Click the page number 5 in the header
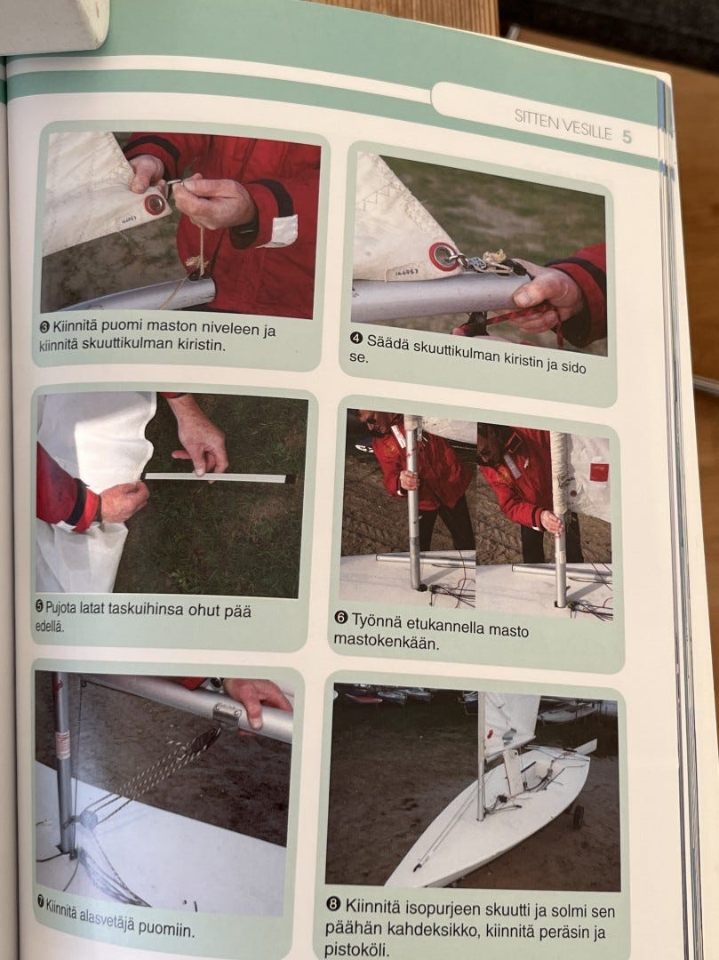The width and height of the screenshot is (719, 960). click(x=627, y=137)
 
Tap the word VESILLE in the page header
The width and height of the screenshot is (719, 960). click(x=587, y=132)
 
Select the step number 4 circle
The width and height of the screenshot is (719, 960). click(x=356, y=339)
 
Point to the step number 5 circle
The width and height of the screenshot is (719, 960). click(x=40, y=607)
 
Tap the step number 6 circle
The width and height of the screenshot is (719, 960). click(x=341, y=618)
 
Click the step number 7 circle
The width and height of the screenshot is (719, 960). click(x=41, y=900)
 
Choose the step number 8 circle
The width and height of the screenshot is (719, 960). click(x=333, y=904)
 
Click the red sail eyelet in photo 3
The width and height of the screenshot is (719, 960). click(x=156, y=204)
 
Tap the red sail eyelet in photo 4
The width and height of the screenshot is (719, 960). click(x=442, y=255)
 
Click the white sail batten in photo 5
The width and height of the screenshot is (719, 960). click(x=216, y=477)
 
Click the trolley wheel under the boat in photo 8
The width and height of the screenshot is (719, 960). click(x=578, y=816)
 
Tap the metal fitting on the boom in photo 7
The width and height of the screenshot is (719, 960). click(x=227, y=714)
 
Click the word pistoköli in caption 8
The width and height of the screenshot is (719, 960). click(x=356, y=949)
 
